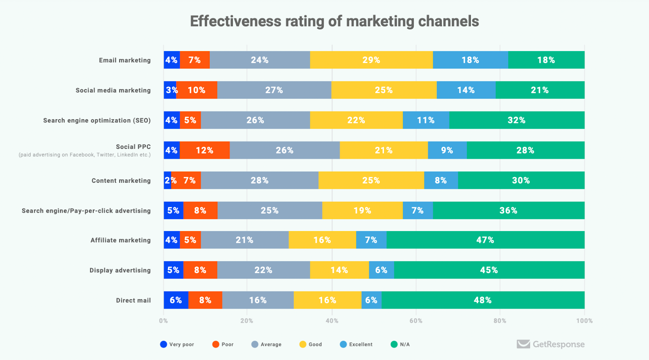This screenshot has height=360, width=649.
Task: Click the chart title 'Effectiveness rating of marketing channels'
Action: (x=334, y=21)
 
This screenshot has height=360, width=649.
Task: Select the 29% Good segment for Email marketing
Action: (x=371, y=60)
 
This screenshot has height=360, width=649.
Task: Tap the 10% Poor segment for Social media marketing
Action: (x=197, y=90)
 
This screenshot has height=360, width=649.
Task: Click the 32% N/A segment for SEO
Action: (x=516, y=120)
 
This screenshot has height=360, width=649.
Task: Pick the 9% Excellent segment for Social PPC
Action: (x=447, y=150)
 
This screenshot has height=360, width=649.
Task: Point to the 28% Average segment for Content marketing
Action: (x=260, y=180)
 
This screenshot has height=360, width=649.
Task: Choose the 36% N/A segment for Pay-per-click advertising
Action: (x=508, y=210)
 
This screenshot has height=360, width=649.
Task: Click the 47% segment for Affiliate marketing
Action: (x=485, y=240)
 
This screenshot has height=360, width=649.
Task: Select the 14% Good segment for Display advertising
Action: (x=339, y=270)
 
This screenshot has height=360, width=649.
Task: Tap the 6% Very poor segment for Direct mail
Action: (x=176, y=300)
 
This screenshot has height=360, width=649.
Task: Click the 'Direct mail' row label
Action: (x=133, y=300)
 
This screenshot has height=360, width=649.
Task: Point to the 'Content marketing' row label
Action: (x=121, y=181)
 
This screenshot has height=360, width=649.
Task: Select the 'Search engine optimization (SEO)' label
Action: (x=97, y=120)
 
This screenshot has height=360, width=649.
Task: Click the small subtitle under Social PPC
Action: (x=84, y=155)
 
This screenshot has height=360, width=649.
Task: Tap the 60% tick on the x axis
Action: (x=416, y=321)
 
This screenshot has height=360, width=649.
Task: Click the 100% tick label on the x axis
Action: (x=584, y=321)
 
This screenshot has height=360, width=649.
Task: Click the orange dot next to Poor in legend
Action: (x=215, y=345)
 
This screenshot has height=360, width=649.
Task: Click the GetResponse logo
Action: (x=550, y=344)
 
